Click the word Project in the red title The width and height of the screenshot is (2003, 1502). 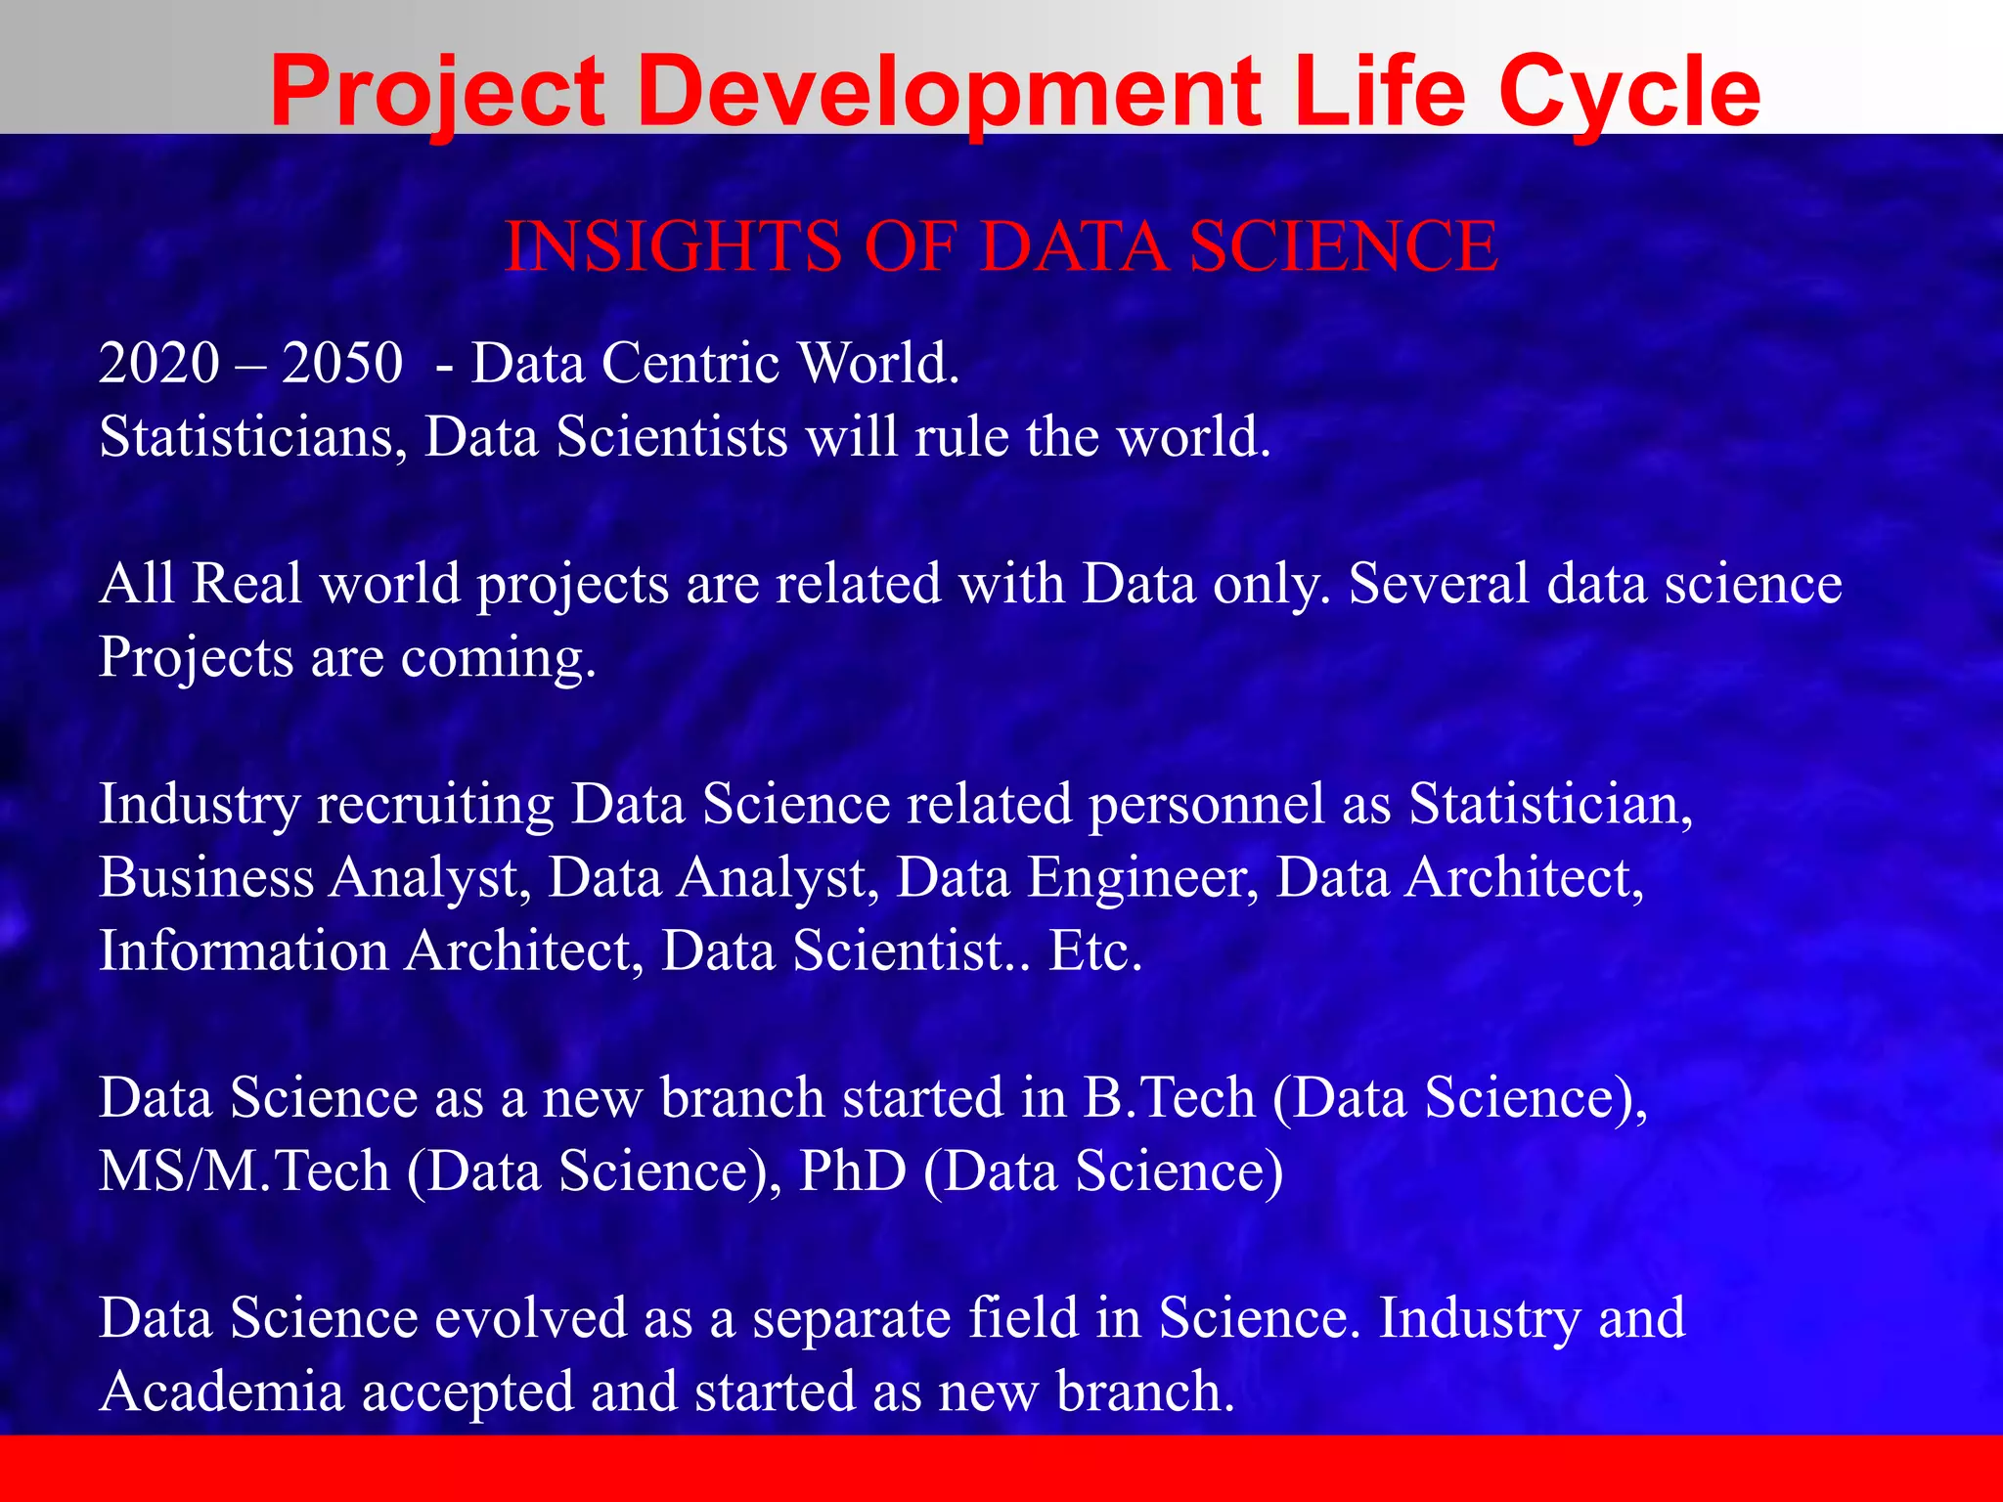(x=438, y=93)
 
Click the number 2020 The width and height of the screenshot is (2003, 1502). (x=159, y=363)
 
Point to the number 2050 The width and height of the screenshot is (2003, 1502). (x=342, y=363)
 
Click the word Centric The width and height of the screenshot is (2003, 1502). (x=690, y=363)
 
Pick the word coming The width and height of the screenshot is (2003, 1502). (x=498, y=657)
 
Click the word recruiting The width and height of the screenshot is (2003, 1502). (x=434, y=804)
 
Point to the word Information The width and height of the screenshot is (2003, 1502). (x=244, y=950)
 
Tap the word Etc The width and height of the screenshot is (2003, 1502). (x=1094, y=950)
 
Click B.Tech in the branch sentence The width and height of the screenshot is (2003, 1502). (x=1169, y=1097)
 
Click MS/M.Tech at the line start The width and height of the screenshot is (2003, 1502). (x=244, y=1171)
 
